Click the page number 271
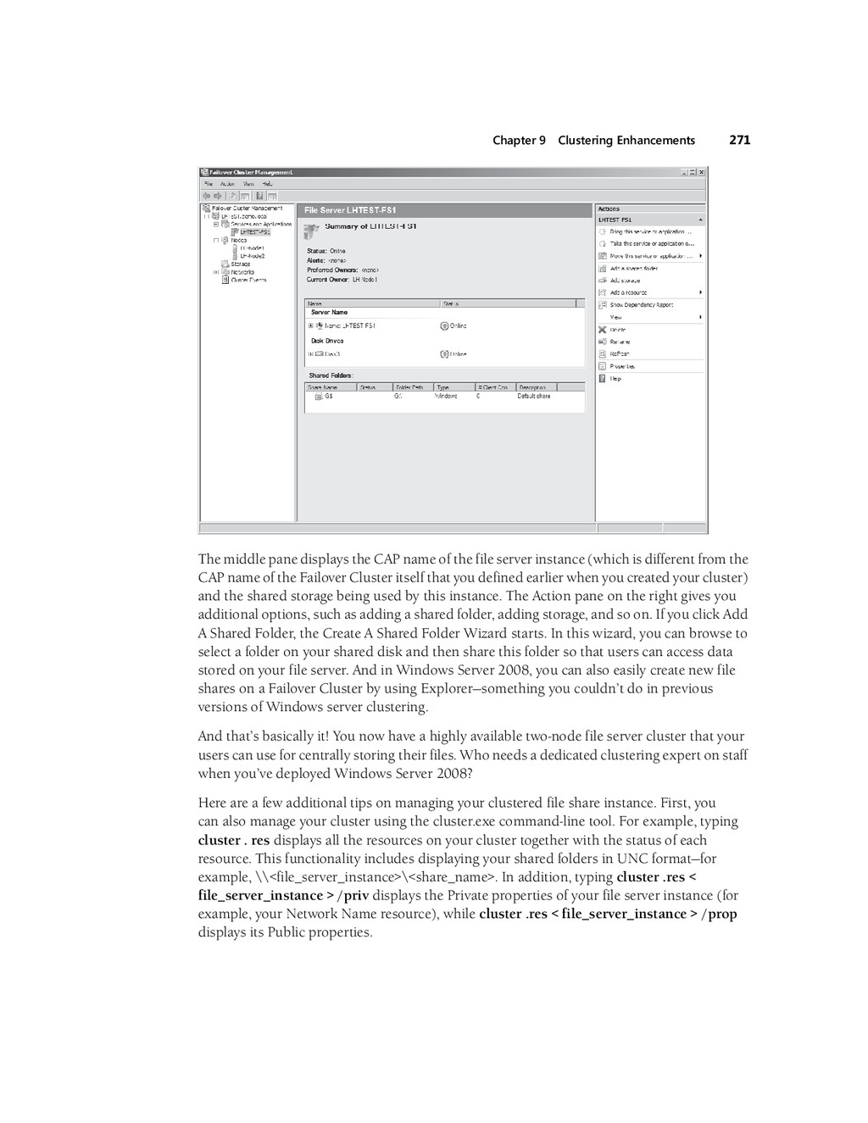739,141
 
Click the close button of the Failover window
702,172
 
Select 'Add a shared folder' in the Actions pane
633,268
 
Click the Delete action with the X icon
617,330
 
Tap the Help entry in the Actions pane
615,379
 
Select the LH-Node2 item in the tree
252,255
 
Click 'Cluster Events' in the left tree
248,280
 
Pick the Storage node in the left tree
240,264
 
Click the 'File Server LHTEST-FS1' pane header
350,210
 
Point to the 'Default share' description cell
533,396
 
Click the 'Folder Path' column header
409,387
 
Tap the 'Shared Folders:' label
331,375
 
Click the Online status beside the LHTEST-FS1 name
458,325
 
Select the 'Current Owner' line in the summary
342,279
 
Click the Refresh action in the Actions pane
619,354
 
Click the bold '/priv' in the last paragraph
353,896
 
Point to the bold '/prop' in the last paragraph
719,915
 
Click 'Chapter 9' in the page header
519,141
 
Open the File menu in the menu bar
206,183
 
